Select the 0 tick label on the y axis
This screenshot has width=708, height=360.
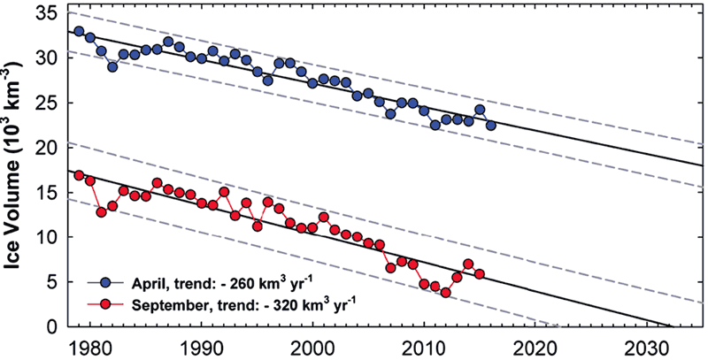[x=51, y=326]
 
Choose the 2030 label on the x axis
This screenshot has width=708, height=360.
[x=647, y=349]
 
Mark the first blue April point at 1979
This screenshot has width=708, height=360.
[x=79, y=31]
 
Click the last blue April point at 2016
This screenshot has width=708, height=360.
[x=491, y=126]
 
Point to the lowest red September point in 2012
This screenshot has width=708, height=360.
[x=446, y=292]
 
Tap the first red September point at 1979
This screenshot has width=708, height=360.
[x=79, y=175]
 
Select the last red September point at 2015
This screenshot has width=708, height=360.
[x=480, y=274]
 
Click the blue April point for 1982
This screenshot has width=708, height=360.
[x=112, y=66]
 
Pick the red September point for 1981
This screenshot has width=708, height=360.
[x=101, y=212]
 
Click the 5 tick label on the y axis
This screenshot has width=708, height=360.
[x=51, y=281]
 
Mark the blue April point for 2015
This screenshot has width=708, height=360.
[x=480, y=109]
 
